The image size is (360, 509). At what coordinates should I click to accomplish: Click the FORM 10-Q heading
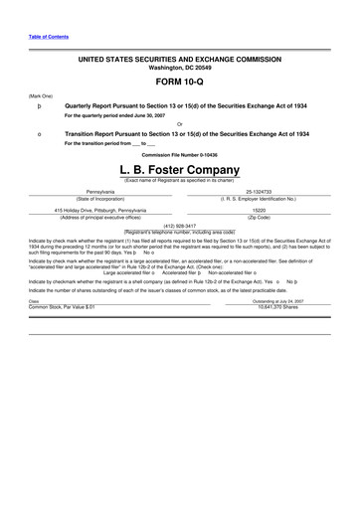click(179, 84)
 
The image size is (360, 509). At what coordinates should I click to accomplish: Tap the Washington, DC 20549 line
click(179, 69)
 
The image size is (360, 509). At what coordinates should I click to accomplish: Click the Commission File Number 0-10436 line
click(179, 155)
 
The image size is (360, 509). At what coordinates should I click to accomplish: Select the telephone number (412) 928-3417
click(179, 225)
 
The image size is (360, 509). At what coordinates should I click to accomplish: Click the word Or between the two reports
click(179, 123)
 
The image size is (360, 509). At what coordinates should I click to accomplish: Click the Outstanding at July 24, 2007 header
click(277, 272)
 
